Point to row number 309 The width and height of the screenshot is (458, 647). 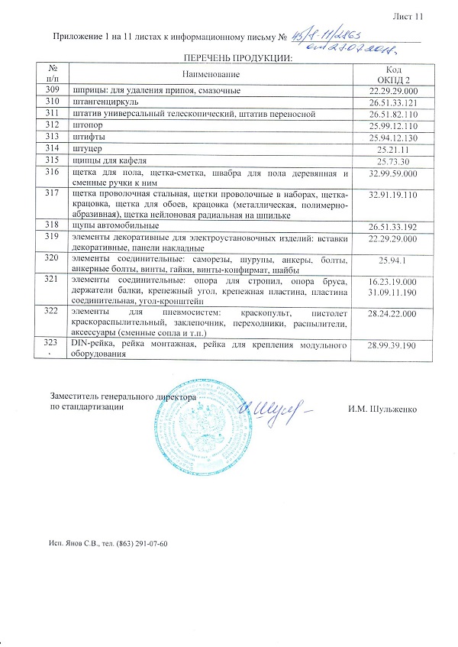(53, 90)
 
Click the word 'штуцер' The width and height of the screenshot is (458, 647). (82, 147)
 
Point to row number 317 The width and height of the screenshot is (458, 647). (53, 194)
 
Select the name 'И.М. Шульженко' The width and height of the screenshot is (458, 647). (381, 410)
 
